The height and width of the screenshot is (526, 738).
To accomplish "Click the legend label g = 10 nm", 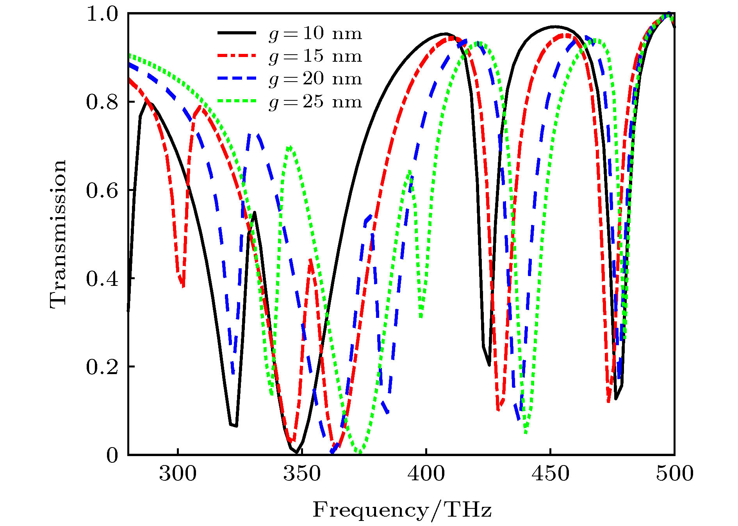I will point(315,34).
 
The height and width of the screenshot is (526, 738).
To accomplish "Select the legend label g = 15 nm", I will point(315,56).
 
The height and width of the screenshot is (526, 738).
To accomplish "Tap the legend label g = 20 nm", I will point(315,79).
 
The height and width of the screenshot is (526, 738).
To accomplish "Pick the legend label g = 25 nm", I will point(315,102).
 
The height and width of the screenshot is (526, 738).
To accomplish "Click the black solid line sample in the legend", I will point(237,33).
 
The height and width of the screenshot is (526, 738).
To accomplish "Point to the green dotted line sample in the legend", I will point(237,101).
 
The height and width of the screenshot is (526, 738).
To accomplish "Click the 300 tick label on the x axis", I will point(178,474).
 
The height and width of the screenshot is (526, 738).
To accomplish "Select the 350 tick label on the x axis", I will point(302,474).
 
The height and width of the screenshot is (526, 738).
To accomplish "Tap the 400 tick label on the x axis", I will point(426,474).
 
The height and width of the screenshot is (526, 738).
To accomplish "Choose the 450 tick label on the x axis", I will point(550,474).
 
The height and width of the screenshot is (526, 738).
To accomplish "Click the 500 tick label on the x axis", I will point(674,474).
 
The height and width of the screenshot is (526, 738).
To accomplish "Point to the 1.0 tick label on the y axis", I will point(102,14).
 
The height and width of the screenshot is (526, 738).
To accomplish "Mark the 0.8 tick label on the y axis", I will point(102,102).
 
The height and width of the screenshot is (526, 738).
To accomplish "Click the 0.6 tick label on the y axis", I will point(102,191).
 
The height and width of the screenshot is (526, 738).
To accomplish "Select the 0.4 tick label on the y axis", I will point(102,279).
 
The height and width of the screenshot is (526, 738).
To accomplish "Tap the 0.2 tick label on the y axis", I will point(102,367).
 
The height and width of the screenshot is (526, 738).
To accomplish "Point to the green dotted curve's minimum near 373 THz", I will point(359,453).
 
